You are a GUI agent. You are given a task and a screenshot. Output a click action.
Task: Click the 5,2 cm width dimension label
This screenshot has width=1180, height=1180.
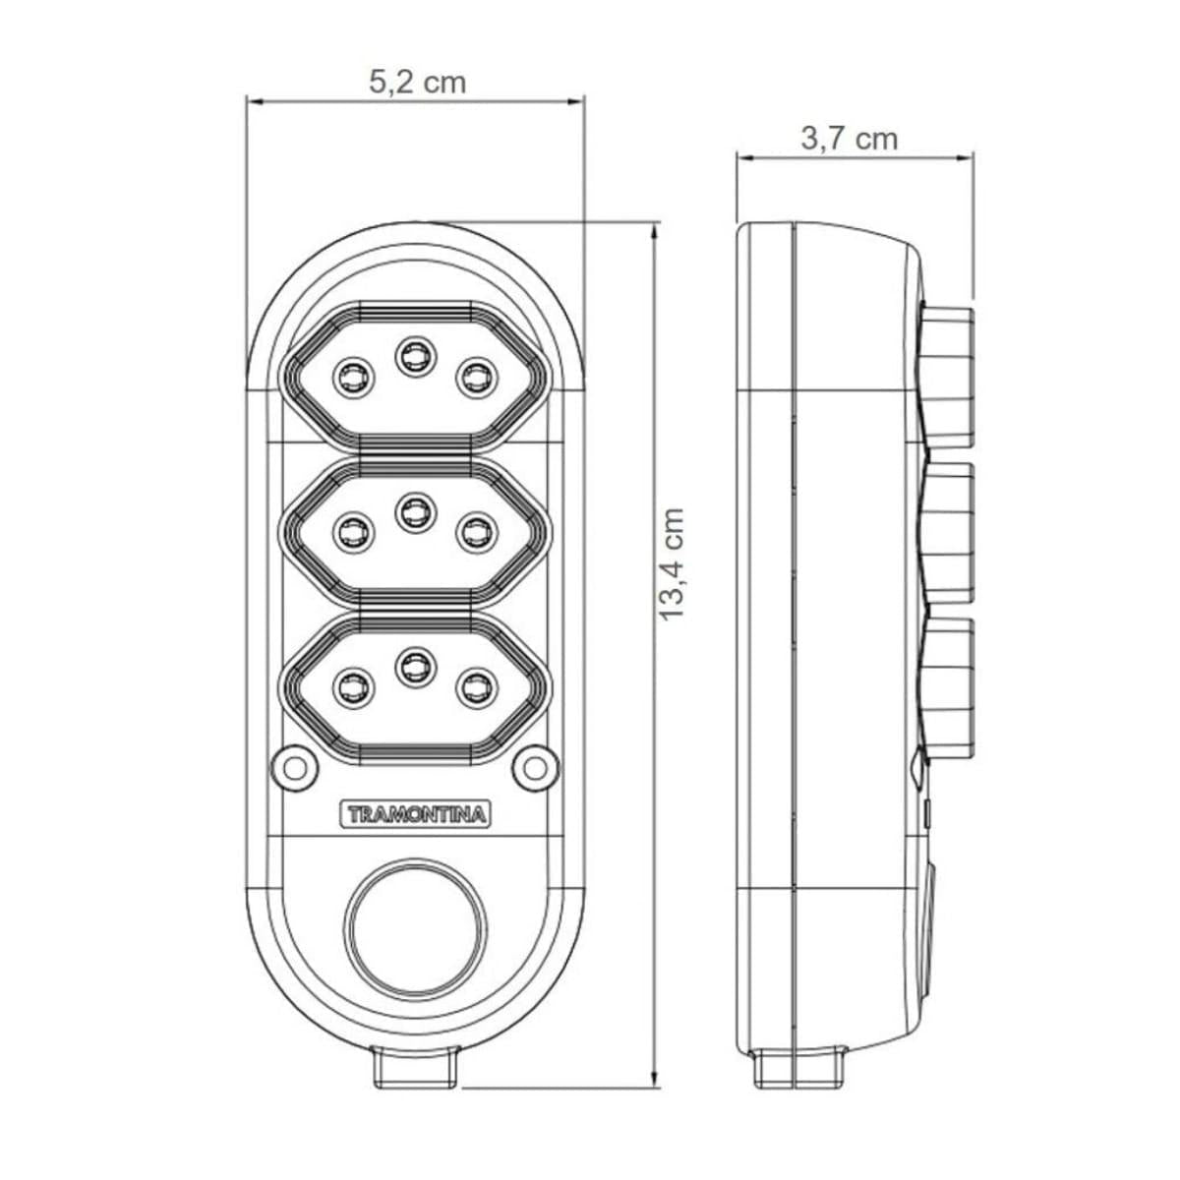point(418,82)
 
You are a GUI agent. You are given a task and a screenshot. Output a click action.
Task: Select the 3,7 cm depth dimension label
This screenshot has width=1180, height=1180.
point(850,139)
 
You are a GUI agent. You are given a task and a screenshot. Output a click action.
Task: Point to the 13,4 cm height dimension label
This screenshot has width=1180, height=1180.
point(672,563)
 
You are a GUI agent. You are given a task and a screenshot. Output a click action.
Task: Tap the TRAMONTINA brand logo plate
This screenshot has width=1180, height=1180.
point(416,814)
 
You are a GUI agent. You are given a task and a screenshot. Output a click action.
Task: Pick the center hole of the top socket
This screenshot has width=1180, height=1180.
point(415,355)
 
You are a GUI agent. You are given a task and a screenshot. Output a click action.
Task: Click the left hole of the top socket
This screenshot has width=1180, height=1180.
point(353,377)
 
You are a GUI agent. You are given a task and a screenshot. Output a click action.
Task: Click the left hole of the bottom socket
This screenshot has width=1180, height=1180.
point(353,686)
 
